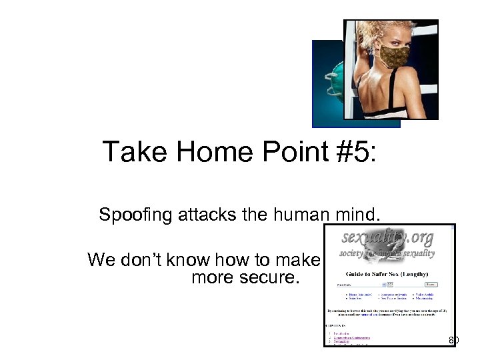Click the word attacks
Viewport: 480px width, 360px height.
coord(198,215)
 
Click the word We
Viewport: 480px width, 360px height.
coord(101,259)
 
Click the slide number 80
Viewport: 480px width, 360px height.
coord(453,341)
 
